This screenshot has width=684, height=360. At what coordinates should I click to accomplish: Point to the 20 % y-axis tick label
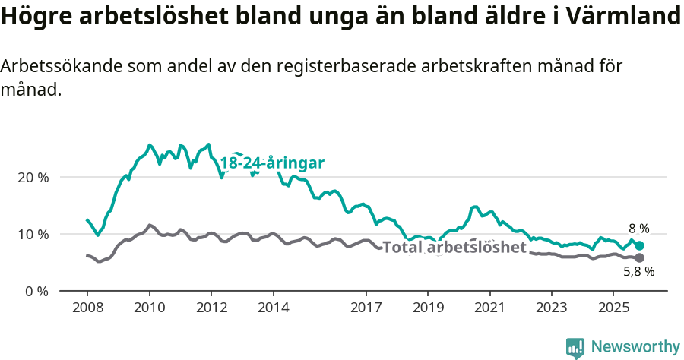pyautogui.click(x=33, y=177)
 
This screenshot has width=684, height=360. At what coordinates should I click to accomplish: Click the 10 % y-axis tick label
pyautogui.click(x=33, y=234)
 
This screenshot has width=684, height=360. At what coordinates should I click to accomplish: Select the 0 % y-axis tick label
pyautogui.click(x=36, y=291)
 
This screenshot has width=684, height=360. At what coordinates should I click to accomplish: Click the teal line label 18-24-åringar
pyautogui.click(x=272, y=163)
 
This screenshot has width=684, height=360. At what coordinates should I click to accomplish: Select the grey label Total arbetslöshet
pyautogui.click(x=454, y=248)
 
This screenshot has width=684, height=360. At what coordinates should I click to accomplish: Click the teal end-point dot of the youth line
pyautogui.click(x=640, y=245)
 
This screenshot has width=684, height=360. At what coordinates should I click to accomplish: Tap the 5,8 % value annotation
pyautogui.click(x=639, y=271)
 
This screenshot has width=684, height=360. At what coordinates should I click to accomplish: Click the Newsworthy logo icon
pyautogui.click(x=575, y=347)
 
